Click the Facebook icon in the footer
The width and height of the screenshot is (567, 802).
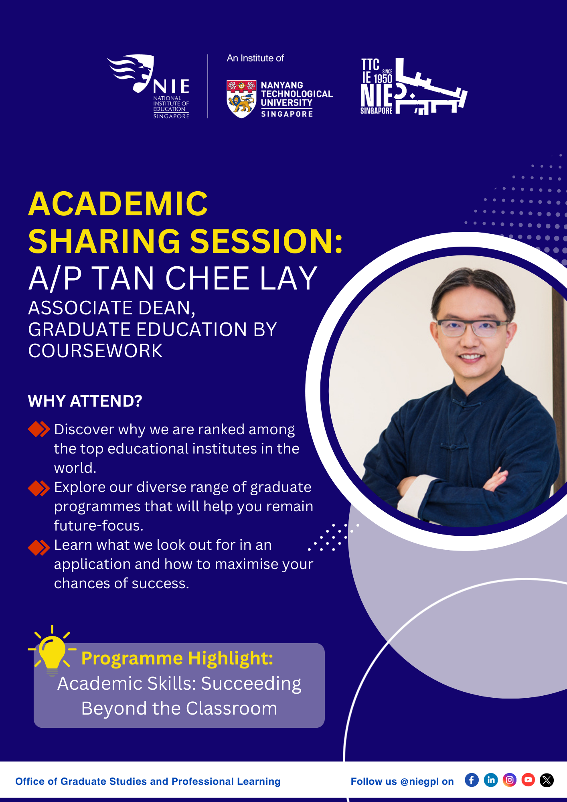point(472,780)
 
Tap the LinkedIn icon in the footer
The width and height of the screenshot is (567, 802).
point(491,780)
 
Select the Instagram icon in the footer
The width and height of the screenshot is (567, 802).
point(510,780)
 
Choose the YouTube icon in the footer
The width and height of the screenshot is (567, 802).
point(528,780)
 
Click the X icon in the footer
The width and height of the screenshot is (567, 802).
point(547,780)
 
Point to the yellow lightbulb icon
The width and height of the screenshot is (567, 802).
point(52,650)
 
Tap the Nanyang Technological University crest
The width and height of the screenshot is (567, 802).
point(241,99)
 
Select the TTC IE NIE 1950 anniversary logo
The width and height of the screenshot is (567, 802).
point(413,86)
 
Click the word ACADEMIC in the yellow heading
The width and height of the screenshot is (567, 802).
point(118,204)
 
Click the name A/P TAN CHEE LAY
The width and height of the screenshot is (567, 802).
point(173,278)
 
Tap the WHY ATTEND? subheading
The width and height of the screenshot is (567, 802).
point(85,401)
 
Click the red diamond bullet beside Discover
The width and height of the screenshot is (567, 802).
point(39,429)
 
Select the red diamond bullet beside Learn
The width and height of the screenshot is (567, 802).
point(39,547)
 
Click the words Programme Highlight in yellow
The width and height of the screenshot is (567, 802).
point(177,658)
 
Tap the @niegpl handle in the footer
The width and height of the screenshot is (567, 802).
point(419,782)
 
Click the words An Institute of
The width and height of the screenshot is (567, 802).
point(255,58)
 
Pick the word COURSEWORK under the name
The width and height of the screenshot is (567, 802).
point(95,351)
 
